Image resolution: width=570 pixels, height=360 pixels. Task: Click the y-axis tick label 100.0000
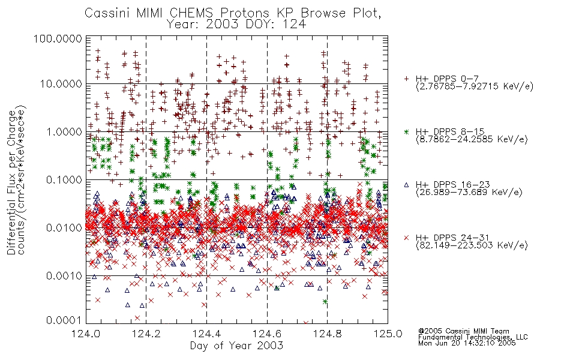pos(58,38)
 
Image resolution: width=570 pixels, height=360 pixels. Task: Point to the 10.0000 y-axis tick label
pos(61,84)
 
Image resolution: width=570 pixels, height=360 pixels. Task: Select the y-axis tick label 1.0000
pos(64,131)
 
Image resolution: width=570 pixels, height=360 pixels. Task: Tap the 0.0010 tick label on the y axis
pos(64,276)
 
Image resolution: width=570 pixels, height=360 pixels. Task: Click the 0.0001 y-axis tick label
pos(64,320)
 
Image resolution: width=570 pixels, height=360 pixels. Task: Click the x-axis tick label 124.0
pos(86,334)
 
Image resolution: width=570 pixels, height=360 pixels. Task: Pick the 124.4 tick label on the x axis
pos(206,334)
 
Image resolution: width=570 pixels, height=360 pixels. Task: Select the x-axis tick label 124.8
pos(327,334)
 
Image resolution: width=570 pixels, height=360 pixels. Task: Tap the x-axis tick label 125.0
pos(388,334)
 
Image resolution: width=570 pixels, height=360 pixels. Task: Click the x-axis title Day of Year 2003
pos(236,346)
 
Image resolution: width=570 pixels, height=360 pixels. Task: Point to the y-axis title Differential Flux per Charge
pos(11,183)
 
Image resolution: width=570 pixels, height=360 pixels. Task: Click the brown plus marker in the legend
pos(406,79)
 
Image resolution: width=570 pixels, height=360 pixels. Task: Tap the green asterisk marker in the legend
pos(406,131)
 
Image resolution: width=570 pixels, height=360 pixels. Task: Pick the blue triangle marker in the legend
pos(406,185)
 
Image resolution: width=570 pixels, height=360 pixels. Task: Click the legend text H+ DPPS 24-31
pos(452,238)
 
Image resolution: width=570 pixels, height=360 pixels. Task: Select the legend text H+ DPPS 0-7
pos(447,79)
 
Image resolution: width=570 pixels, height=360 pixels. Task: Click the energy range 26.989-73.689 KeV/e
pos(469,192)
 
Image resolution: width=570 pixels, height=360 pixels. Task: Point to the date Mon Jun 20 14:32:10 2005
pos(467,343)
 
